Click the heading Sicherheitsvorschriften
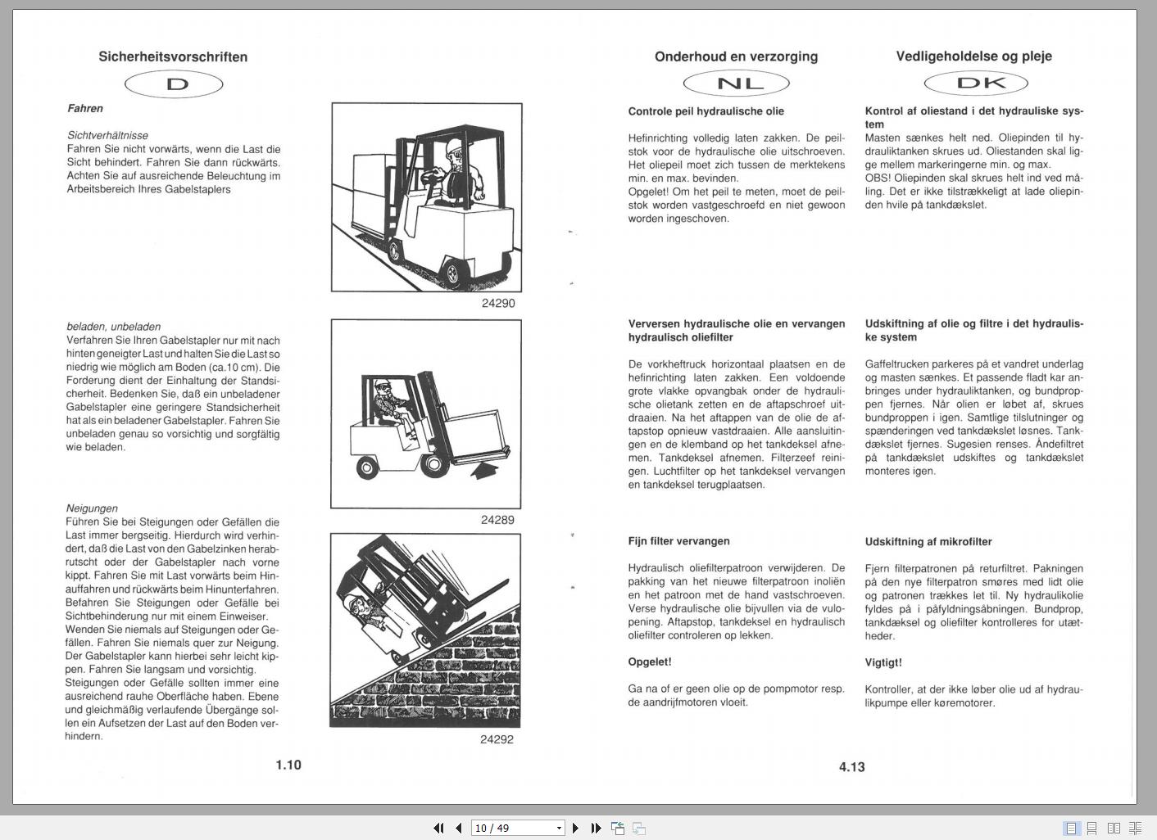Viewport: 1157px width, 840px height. pos(173,56)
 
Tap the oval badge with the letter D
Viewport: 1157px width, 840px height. pos(174,84)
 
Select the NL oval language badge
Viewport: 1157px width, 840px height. pos(736,83)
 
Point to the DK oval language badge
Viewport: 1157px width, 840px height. pos(975,83)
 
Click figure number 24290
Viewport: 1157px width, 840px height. pos(498,303)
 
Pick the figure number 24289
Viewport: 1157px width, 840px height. pos(497,520)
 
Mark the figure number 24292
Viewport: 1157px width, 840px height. pos(497,739)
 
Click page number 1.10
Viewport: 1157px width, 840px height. pos(288,765)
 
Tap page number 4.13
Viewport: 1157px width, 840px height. pos(852,766)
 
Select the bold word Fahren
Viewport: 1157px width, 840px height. pos(85,108)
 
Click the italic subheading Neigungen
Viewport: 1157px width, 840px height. pos(92,508)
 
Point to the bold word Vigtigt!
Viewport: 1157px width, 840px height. pos(883,662)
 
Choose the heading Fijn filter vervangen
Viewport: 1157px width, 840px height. pos(678,541)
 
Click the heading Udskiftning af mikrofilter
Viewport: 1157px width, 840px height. pos(928,541)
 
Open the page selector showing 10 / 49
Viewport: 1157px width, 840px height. pos(518,828)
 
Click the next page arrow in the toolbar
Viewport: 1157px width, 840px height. pos(575,828)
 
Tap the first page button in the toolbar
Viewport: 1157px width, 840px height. pos(438,828)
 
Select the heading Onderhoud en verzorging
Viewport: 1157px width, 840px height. pos(736,56)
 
